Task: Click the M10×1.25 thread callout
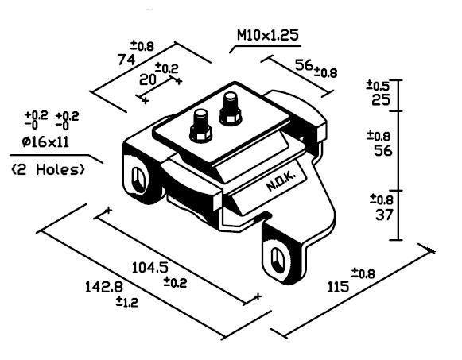tap(268, 35)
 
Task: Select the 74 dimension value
tap(126, 60)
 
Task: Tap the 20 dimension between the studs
tap(147, 79)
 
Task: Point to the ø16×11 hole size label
tap(45, 142)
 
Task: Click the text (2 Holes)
tap(49, 169)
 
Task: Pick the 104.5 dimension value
tap(150, 268)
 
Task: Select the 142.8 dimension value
tap(104, 287)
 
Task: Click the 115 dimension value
tap(338, 287)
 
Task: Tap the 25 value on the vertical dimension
tap(381, 100)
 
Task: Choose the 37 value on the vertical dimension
tap(384, 215)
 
